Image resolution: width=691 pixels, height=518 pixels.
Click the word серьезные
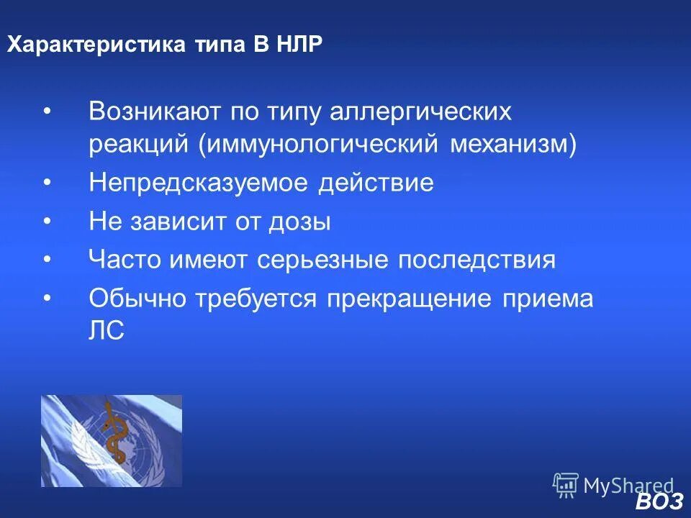point(321,260)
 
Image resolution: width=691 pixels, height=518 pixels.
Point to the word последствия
point(477,260)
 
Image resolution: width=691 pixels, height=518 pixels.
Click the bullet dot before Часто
point(48,260)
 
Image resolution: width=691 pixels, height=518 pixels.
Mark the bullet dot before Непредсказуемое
point(48,183)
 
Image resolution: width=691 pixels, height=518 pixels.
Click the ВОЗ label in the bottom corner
point(659,502)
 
